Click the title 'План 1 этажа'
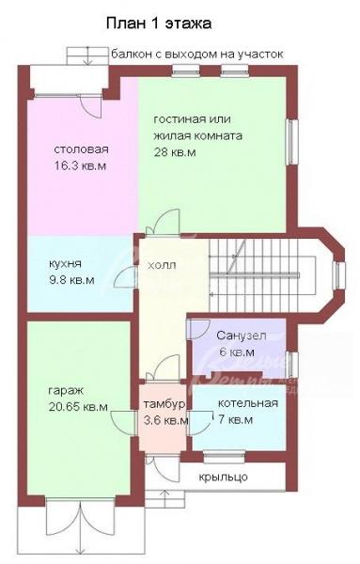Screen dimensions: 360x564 158,23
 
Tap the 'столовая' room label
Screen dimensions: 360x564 81,149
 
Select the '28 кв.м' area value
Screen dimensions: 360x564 175,152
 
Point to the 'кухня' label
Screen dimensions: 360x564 65,263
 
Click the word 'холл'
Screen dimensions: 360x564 163,265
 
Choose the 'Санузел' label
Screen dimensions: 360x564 242,336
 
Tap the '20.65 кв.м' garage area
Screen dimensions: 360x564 78,407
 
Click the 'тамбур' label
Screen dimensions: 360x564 164,404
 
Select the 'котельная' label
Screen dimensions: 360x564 248,403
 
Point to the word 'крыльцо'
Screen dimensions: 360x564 224,478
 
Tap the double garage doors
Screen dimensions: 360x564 80,527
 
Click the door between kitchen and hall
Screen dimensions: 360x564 126,277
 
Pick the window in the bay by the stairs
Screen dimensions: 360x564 338,275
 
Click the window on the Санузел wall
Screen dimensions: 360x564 293,365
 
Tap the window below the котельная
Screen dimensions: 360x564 225,456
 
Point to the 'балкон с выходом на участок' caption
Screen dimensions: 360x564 197,55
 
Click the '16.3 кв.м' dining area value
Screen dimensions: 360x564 81,166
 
